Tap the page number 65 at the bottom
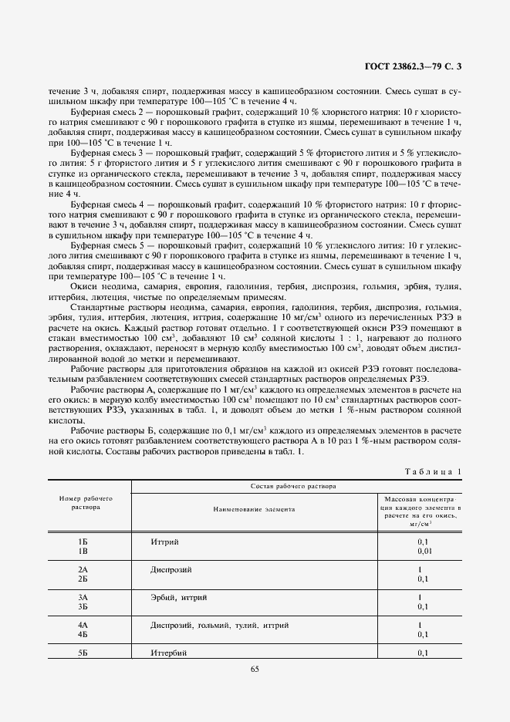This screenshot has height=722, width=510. pos(255,668)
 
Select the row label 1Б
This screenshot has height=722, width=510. pos(84,542)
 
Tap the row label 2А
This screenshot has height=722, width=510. pos(84,568)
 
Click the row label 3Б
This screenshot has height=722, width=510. pos(84,606)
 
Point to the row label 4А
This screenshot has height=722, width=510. pos(84,624)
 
